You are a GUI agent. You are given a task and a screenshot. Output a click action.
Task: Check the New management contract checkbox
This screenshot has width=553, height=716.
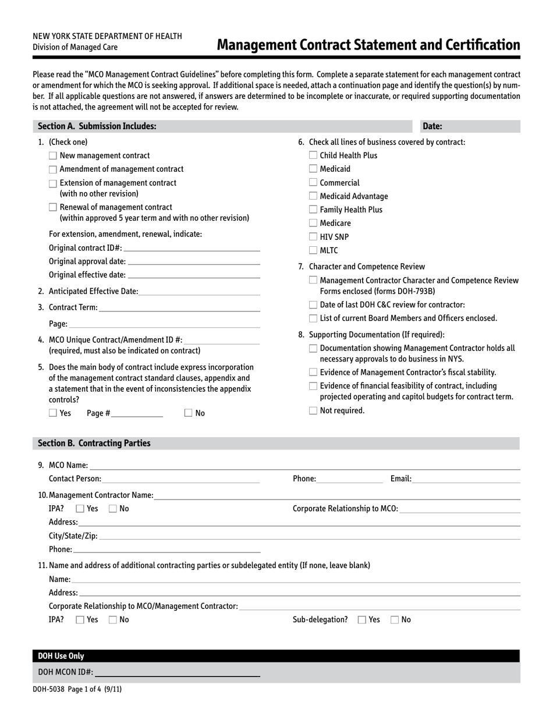tap(53, 156)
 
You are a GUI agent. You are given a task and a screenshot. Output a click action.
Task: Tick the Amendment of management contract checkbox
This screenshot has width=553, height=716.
tap(53, 169)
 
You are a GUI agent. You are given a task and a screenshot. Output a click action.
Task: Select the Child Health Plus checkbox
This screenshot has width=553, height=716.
tap(313, 155)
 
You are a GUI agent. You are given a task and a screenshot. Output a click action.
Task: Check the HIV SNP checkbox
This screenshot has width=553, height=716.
tap(313, 237)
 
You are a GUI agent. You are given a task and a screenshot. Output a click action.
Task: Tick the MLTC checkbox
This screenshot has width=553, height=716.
tap(313, 251)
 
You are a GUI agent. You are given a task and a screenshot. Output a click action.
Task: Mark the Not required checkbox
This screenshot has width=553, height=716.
tap(313, 411)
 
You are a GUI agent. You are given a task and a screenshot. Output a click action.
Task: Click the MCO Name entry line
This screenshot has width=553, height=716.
tap(304, 466)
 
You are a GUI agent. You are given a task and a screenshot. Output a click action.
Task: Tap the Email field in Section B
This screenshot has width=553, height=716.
tap(466, 480)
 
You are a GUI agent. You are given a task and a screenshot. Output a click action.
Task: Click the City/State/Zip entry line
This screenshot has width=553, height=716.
tap(309, 536)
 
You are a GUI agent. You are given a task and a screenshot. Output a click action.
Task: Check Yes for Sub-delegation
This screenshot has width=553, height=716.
tap(362, 621)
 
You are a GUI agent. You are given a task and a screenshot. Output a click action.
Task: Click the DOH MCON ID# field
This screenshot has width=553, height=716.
tap(177, 673)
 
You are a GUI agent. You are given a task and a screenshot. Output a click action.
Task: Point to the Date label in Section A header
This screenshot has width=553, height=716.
tap(432, 126)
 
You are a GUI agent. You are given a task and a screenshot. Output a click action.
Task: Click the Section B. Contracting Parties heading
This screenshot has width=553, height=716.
tap(94, 444)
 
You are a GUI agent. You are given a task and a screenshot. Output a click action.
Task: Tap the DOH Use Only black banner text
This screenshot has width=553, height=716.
tap(61, 656)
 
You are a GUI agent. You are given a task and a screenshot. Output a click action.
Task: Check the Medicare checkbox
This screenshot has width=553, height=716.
tap(313, 224)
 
